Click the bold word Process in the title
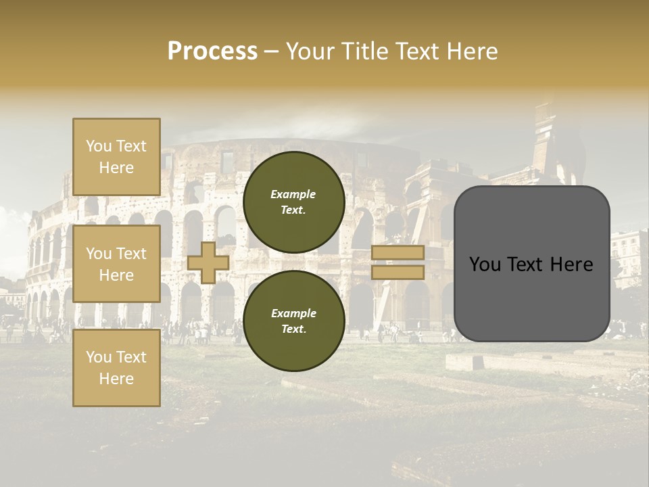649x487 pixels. point(212,51)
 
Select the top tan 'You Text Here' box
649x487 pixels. point(116,157)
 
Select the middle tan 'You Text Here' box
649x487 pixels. point(116,264)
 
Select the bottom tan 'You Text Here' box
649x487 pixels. point(116,368)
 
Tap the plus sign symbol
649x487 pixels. point(208,262)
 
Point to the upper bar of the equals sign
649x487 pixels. point(398,252)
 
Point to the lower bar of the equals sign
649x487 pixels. point(398,272)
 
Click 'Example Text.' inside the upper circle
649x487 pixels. point(293,202)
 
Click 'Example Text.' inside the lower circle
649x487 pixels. point(293,321)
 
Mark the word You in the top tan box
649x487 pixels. point(98,146)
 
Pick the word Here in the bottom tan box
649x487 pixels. point(116,379)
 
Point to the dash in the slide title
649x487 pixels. point(271,51)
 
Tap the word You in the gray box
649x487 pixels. point(485,264)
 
